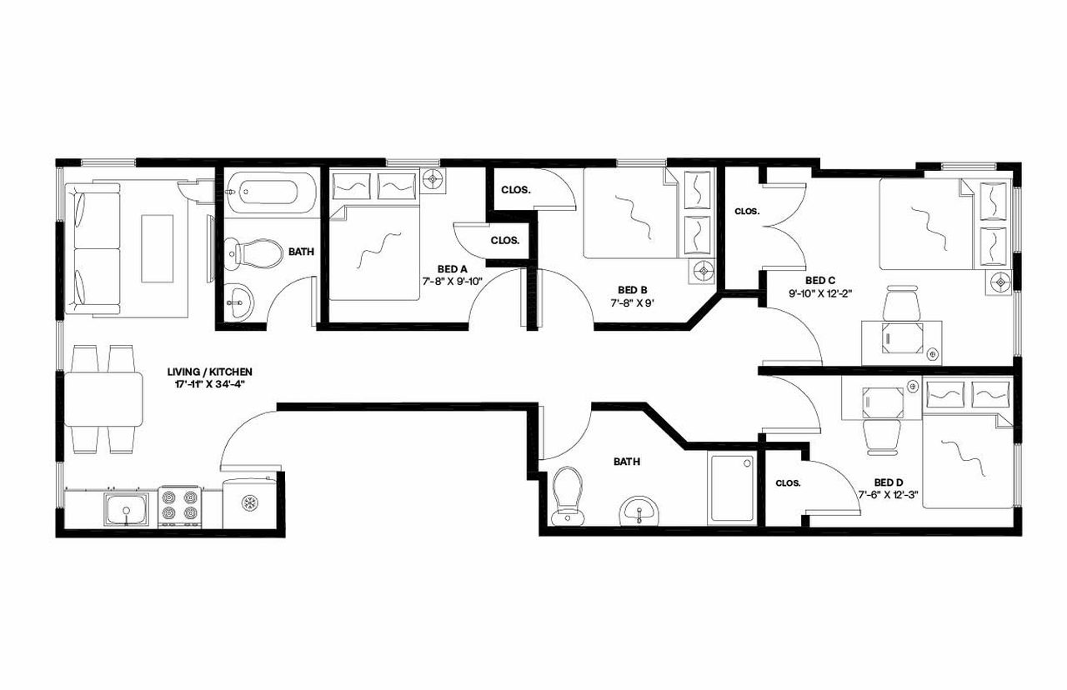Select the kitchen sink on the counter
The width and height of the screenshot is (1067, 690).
click(126, 508)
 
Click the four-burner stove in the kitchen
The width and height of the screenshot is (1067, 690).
click(180, 507)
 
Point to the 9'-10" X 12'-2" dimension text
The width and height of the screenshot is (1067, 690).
click(821, 292)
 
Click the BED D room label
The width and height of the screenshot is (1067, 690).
click(889, 482)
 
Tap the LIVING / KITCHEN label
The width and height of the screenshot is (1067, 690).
click(210, 372)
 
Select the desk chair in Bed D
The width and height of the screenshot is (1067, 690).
click(880, 434)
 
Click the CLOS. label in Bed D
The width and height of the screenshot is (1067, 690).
click(788, 483)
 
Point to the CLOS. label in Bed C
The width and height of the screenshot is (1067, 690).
click(746, 212)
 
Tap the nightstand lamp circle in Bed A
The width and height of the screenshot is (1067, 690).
click(433, 179)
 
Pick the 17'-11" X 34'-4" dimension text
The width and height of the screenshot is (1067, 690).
click(209, 384)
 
